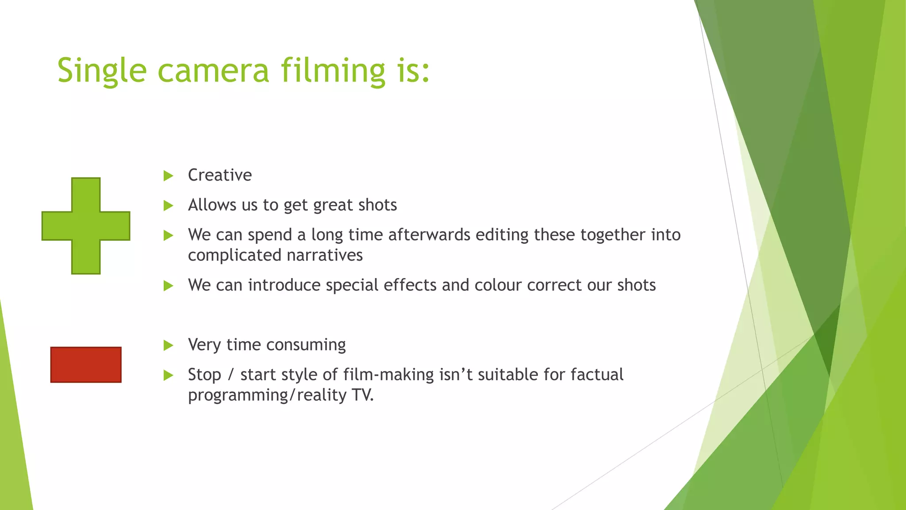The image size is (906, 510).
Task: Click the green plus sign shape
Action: [86, 226]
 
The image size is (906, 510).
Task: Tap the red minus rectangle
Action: [86, 364]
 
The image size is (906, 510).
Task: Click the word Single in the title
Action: [102, 71]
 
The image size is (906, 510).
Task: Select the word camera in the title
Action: [213, 71]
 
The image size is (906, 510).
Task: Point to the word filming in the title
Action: [333, 71]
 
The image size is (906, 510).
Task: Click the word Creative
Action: [220, 175]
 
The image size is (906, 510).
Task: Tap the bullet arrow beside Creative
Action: [168, 176]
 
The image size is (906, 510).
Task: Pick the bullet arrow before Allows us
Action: [168, 205]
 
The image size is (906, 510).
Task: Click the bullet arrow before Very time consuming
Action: [168, 345]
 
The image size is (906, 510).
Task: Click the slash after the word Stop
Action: [230, 375]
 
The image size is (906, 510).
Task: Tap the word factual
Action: [597, 375]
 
